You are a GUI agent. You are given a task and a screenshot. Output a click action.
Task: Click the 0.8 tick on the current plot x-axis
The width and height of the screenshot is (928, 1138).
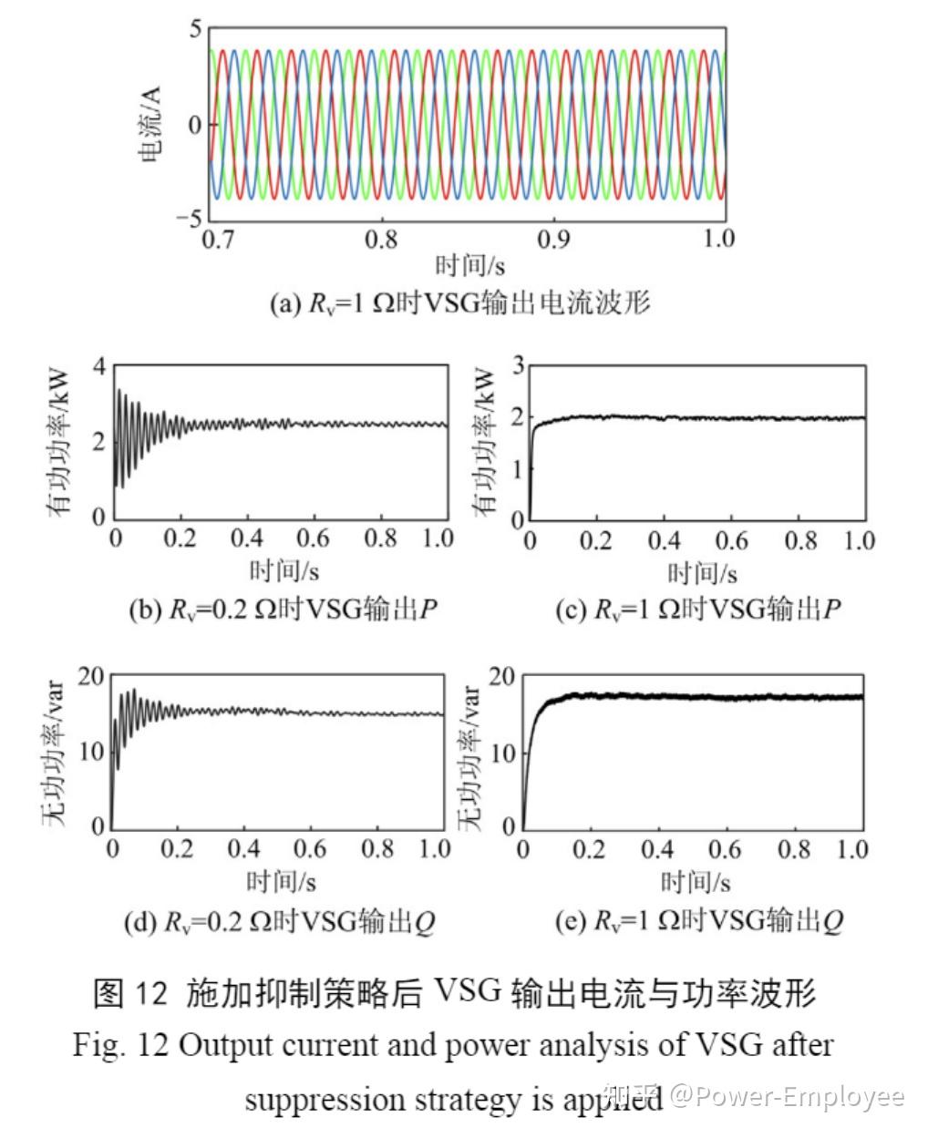(381, 239)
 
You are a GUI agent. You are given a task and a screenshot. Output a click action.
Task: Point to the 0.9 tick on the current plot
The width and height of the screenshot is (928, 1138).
(552, 239)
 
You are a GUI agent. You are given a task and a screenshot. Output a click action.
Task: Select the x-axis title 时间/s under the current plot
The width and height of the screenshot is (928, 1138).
(469, 266)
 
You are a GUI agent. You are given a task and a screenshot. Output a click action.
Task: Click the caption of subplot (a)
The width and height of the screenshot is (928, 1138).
(460, 302)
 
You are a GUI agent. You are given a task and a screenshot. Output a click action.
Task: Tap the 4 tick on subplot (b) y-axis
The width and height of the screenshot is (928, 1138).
(98, 366)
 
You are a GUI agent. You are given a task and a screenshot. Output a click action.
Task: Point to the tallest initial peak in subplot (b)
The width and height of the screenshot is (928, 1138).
(119, 391)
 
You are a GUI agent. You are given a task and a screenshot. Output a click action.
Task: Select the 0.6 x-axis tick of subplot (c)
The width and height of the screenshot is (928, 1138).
(731, 540)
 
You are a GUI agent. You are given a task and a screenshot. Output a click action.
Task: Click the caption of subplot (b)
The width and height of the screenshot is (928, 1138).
(283, 609)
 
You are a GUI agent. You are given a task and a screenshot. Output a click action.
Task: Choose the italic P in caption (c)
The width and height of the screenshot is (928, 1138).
(830, 609)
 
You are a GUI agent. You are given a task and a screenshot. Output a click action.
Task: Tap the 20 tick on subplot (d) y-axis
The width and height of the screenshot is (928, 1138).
(91, 676)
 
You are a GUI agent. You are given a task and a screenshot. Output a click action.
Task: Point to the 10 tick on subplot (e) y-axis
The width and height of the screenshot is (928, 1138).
(504, 753)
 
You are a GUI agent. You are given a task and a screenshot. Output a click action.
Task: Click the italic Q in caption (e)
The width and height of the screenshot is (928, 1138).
(832, 922)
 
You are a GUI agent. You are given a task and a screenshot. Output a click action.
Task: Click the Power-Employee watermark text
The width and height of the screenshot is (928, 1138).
(789, 1096)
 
